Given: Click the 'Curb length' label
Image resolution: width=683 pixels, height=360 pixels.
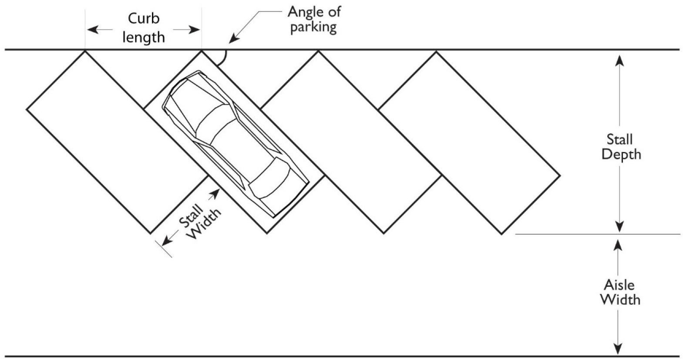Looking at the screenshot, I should tap(143, 28).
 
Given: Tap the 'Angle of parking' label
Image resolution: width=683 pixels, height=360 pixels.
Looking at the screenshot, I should tap(314, 19).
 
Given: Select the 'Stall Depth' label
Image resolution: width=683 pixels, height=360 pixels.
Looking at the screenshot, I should tap(621, 147).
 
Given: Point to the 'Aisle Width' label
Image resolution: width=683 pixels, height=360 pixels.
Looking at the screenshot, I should tap(620, 292).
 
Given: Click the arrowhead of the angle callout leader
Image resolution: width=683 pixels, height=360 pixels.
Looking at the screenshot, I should tap(233, 40).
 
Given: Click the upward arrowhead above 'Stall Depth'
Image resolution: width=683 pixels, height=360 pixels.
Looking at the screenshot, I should tap(619, 61).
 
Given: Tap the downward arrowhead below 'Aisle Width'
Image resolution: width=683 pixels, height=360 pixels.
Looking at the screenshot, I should tap(617, 349).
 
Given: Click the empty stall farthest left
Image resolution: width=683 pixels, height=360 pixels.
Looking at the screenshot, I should tap(117, 141).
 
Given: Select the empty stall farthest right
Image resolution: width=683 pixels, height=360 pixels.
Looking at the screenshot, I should tap(469, 141).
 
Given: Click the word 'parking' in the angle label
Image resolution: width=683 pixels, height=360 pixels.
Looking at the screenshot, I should tap(313, 27).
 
